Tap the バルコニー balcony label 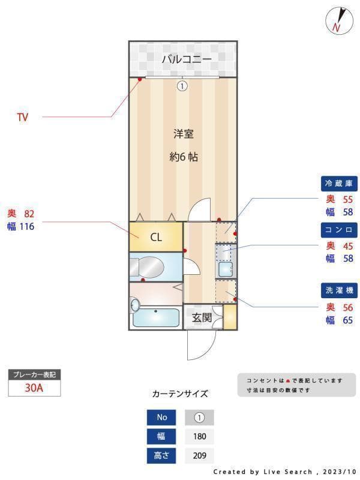click(186, 59)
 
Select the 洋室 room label click(184, 133)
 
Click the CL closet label click(156, 237)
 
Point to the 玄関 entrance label click(202, 317)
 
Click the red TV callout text click(22, 118)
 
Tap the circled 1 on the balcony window click(182, 86)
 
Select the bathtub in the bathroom click(155, 317)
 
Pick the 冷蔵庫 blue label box click(340, 184)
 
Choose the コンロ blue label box click(340, 230)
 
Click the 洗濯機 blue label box click(340, 291)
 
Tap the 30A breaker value click(34, 388)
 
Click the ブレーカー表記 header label click(34, 375)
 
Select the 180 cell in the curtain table click(199, 436)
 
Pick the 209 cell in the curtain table click(199, 455)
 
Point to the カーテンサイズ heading click(180, 394)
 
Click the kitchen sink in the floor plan click(226, 268)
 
